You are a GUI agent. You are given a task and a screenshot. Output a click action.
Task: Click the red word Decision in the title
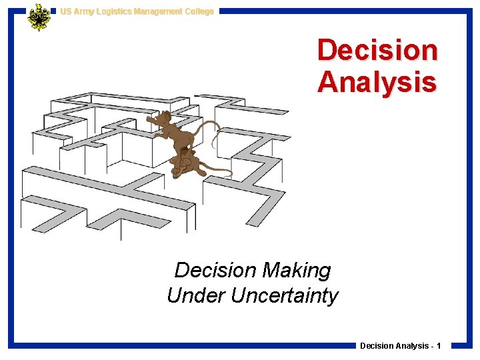(377, 51)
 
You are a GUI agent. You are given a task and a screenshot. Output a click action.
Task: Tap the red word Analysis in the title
(377, 82)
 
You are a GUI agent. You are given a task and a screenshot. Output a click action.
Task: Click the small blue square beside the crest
(54, 11)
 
